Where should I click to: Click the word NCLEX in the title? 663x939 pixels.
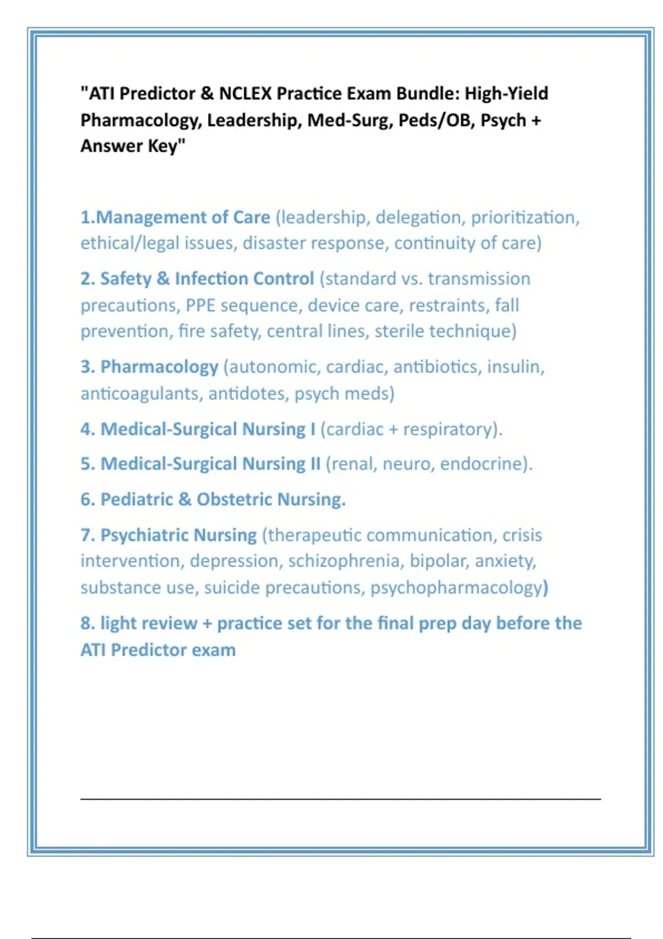[x=245, y=94]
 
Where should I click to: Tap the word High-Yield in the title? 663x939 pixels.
[x=506, y=94]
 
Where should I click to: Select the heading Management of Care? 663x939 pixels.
[x=183, y=217]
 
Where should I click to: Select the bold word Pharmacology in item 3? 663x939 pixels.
[x=159, y=367]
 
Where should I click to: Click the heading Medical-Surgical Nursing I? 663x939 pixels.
[x=208, y=429]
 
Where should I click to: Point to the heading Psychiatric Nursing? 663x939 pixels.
[x=178, y=535]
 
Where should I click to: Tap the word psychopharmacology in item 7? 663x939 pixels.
[x=456, y=588]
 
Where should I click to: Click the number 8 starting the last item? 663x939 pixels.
[x=86, y=623]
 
